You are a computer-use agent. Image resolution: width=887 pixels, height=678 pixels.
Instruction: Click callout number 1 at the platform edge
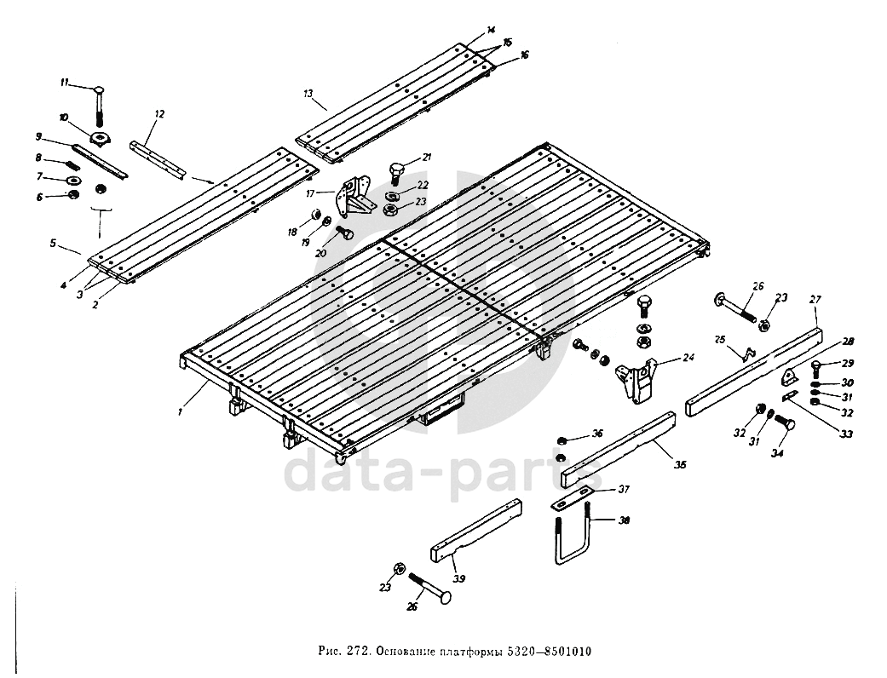pos(181,411)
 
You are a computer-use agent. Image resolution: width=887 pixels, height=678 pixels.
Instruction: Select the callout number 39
pos(459,578)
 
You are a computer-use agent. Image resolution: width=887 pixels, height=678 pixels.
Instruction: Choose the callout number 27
pos(815,299)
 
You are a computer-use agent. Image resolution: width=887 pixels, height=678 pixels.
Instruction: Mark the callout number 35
pos(680,464)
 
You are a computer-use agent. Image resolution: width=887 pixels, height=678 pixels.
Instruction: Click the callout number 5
pos(53,243)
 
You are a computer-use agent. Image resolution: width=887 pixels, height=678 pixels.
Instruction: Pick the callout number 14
pos(490,30)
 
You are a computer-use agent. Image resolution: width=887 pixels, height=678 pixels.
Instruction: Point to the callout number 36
pos(597,434)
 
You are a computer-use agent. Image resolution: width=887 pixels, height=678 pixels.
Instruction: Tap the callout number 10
pos(63,116)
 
